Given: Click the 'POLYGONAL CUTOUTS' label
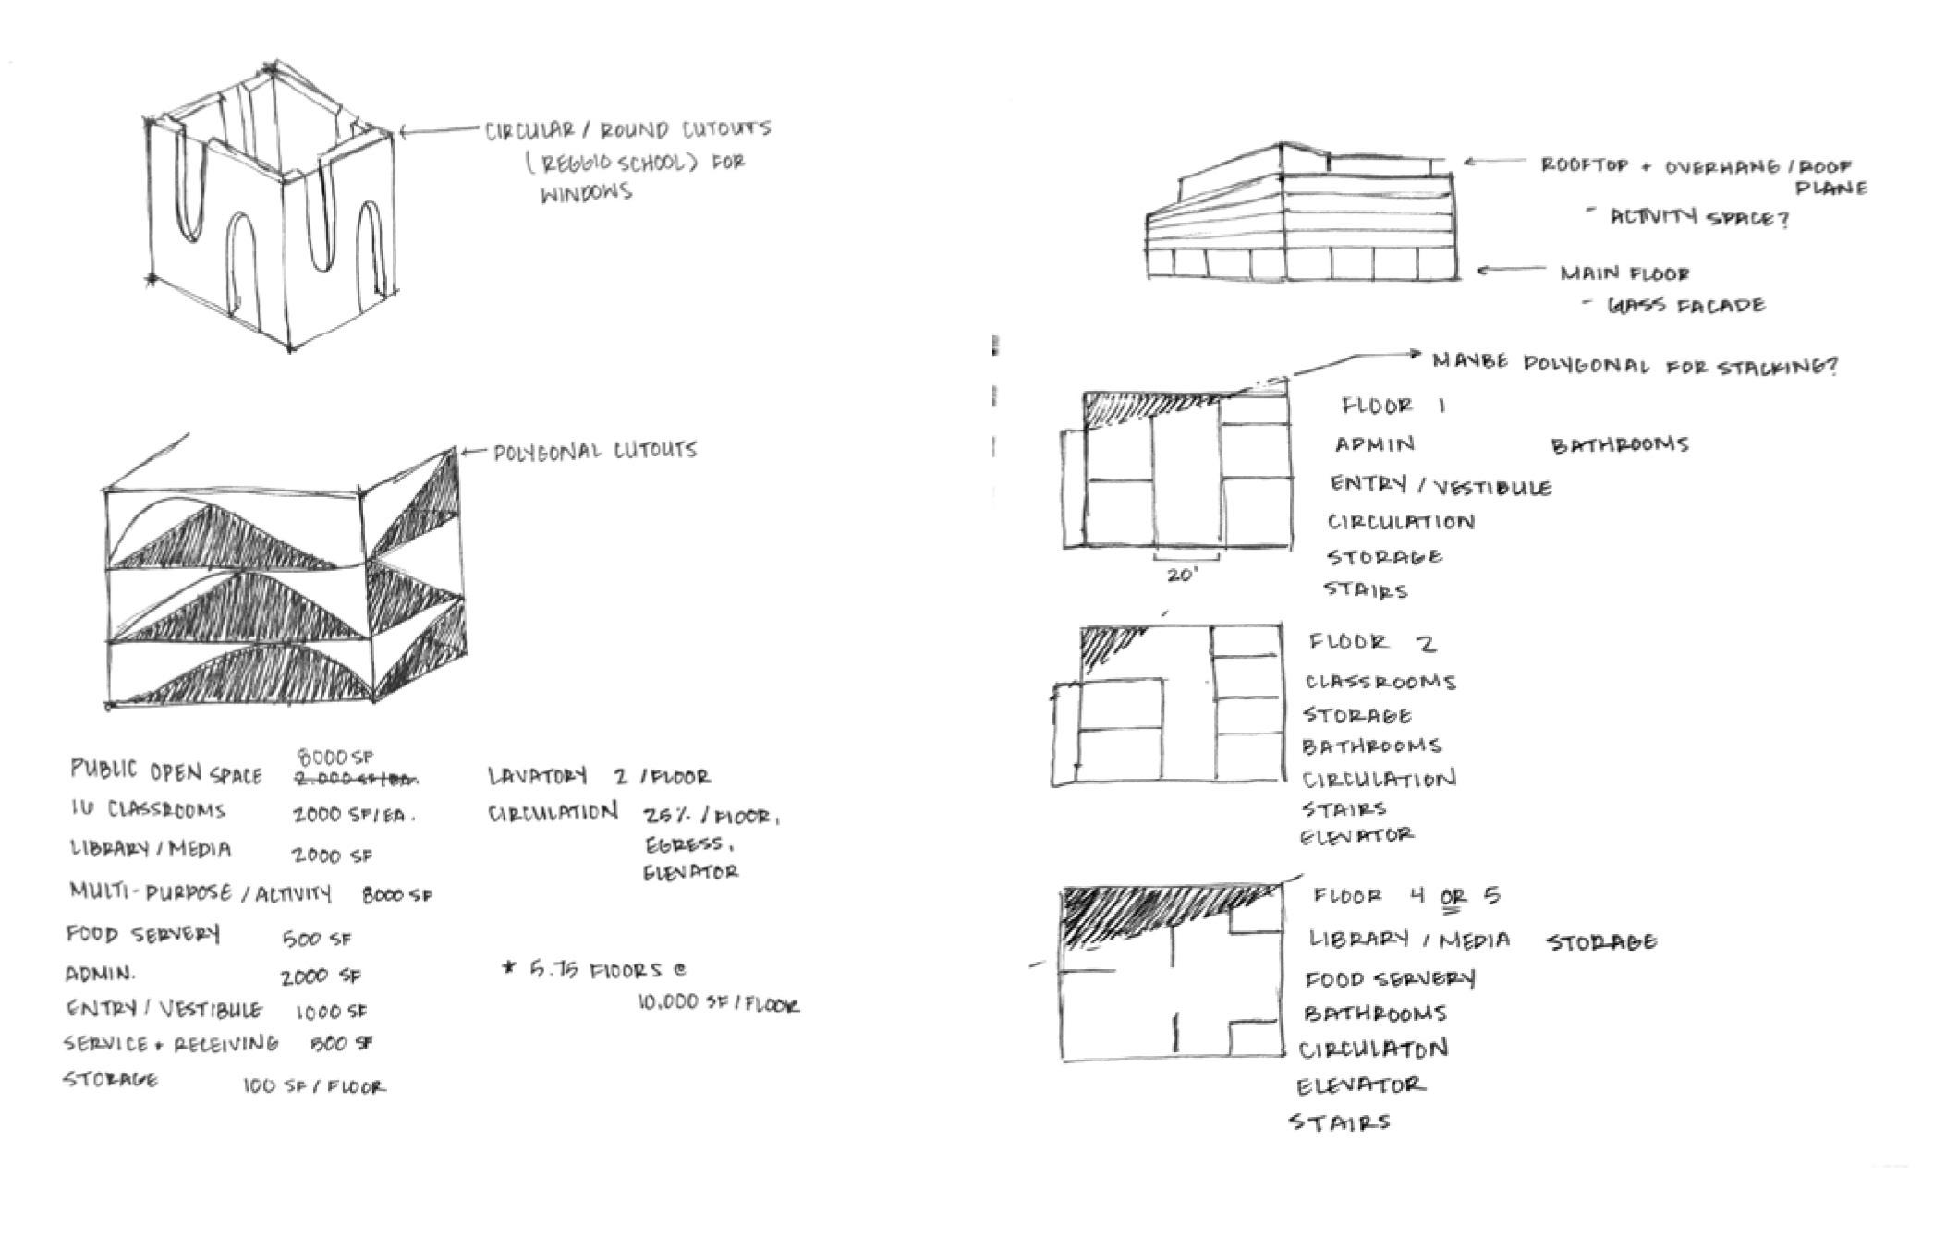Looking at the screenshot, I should pyautogui.click(x=595, y=451).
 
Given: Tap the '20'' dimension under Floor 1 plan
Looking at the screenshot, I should pyautogui.click(x=1182, y=576).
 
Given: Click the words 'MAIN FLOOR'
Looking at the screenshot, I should pyautogui.click(x=1624, y=273).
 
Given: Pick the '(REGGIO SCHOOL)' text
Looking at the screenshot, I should pyautogui.click(x=611, y=164).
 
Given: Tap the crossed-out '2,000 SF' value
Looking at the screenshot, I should pyautogui.click(x=355, y=780).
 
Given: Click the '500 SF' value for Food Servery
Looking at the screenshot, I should pyautogui.click(x=317, y=939).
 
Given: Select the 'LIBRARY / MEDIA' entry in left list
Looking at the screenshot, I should pyautogui.click(x=151, y=849).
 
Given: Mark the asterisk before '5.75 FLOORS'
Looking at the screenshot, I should pyautogui.click(x=507, y=968).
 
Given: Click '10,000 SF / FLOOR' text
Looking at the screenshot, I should pyautogui.click(x=718, y=1004).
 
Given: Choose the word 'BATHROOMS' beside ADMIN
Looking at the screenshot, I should pyautogui.click(x=1619, y=445).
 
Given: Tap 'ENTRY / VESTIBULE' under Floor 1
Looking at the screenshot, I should pyautogui.click(x=1440, y=485).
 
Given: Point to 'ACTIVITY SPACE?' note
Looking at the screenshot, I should pyautogui.click(x=1698, y=219).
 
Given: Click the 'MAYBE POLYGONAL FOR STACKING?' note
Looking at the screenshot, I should pyautogui.click(x=1634, y=364).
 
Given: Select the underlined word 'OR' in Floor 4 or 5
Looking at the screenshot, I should pyautogui.click(x=1453, y=896).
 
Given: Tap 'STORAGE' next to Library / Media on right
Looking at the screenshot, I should pyautogui.click(x=1601, y=942).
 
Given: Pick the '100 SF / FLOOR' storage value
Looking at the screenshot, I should pyautogui.click(x=314, y=1086).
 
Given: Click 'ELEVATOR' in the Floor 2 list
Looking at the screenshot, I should pyautogui.click(x=1356, y=836).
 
